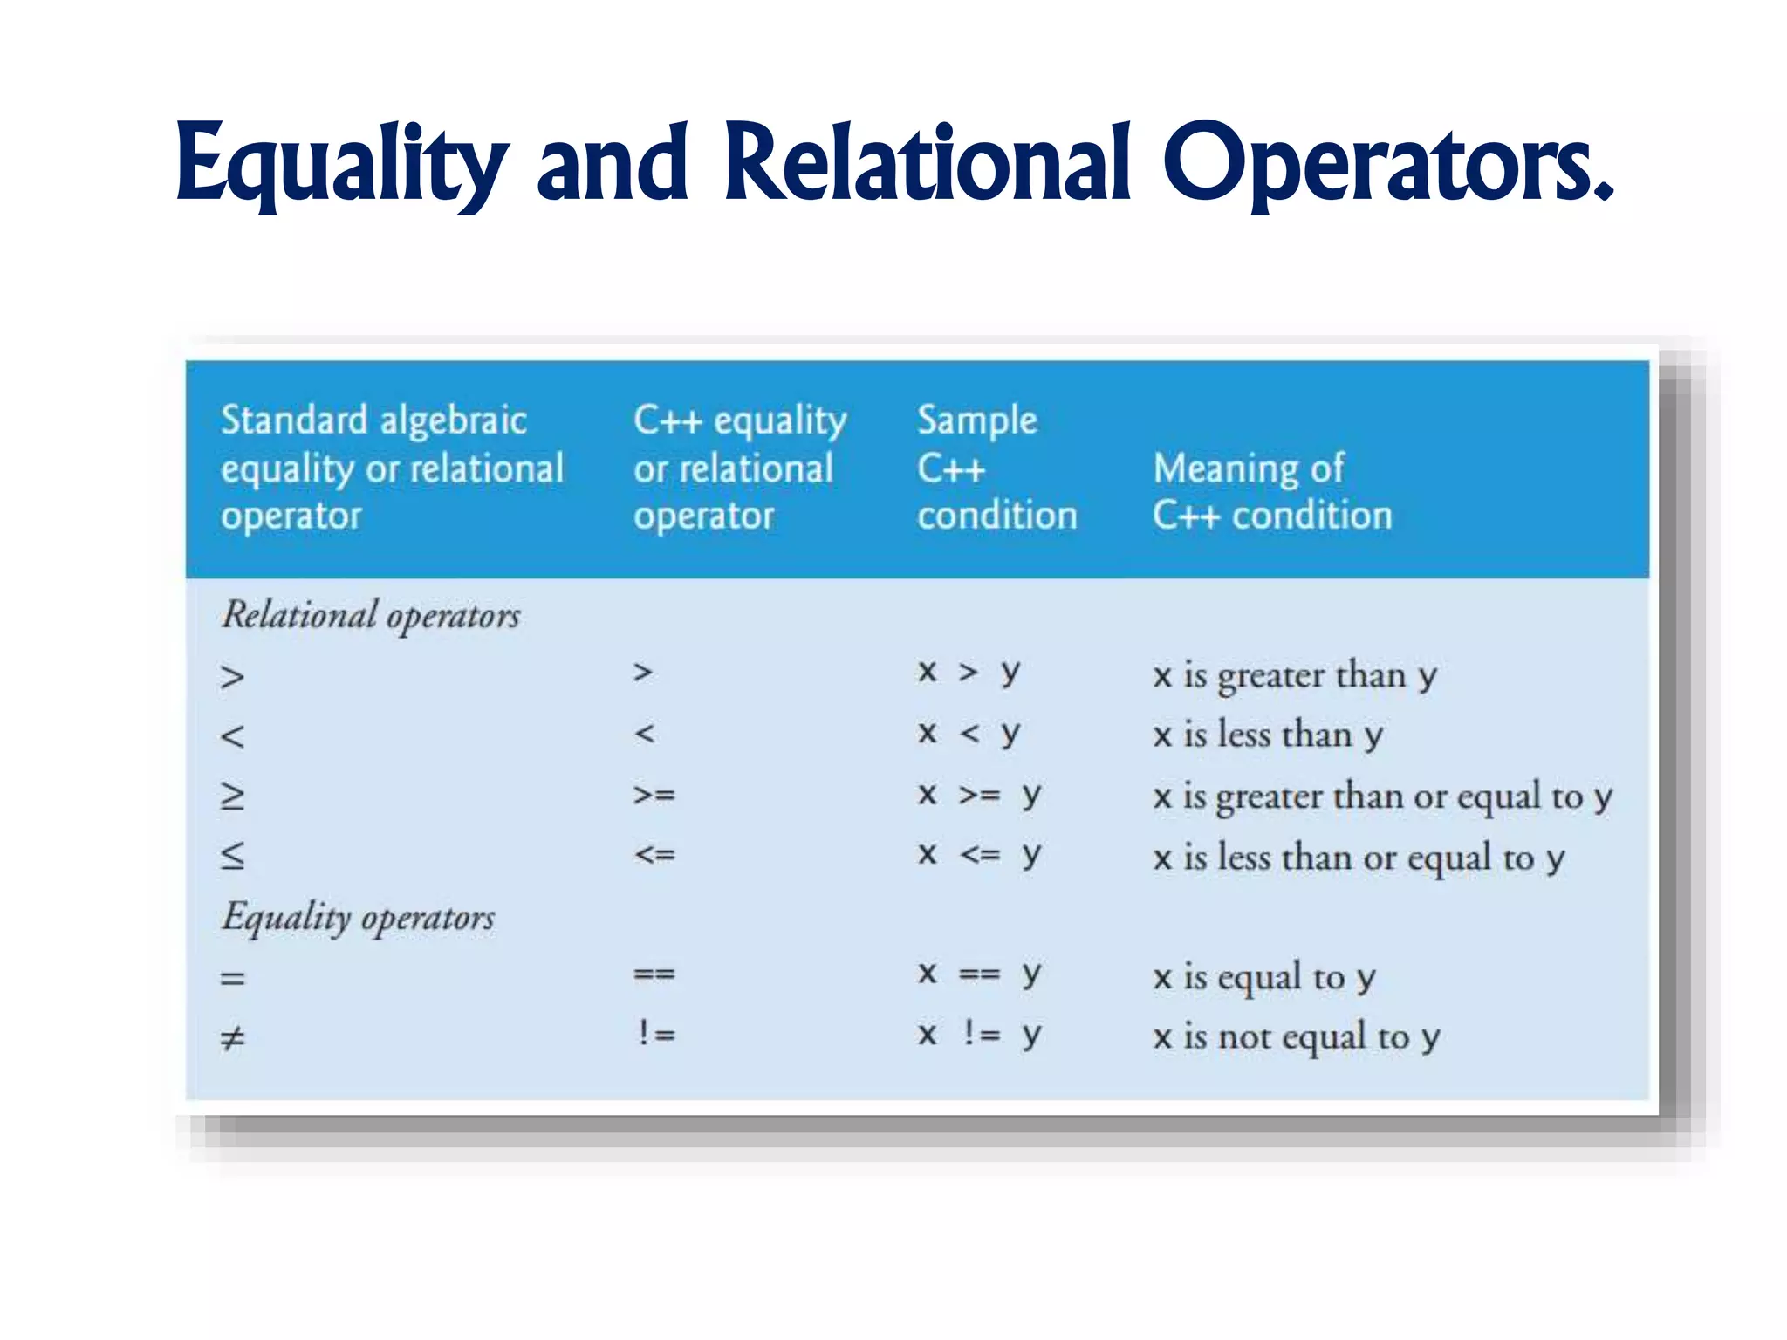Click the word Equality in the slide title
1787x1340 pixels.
click(x=340, y=166)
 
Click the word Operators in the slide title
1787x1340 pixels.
click(x=1387, y=166)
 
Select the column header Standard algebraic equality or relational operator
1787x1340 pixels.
click(x=392, y=468)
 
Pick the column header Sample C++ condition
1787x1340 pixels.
click(x=996, y=468)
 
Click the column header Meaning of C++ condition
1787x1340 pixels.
click(x=1271, y=492)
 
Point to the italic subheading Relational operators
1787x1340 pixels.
click(x=371, y=616)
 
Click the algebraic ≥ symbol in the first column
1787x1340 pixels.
click(x=232, y=796)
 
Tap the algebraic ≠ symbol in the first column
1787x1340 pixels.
click(x=232, y=1038)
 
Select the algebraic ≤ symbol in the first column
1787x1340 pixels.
click(x=232, y=856)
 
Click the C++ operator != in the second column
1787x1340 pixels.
click(x=655, y=1035)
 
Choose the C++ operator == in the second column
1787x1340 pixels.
click(x=654, y=974)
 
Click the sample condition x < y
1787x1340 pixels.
click(x=969, y=734)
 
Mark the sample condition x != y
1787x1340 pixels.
click(x=979, y=1035)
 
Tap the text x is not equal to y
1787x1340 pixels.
click(x=1296, y=1037)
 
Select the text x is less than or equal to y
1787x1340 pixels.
click(x=1359, y=858)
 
